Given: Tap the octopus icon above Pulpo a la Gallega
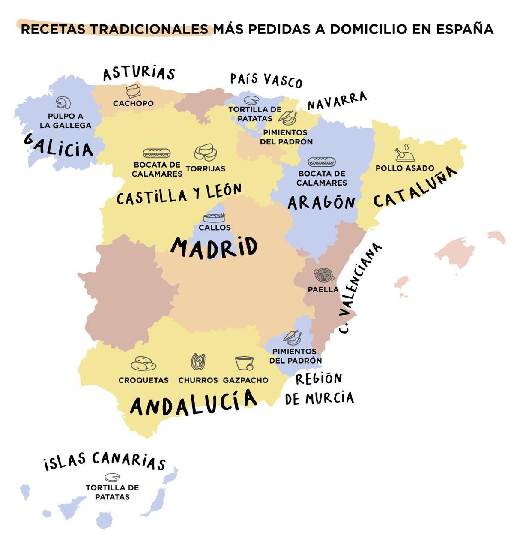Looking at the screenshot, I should [63, 102].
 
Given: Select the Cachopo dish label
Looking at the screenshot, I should [133, 103].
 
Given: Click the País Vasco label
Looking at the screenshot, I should [266, 80].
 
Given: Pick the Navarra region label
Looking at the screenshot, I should [337, 101].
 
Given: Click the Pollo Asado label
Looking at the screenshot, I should [405, 168].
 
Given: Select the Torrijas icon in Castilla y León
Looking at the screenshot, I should [205, 152].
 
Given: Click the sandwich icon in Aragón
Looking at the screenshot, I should [321, 162].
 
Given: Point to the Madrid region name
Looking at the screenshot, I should [214, 247].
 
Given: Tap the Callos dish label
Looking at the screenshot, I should [215, 228].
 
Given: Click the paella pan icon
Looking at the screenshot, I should [324, 274].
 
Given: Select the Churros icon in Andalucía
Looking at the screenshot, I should [198, 362].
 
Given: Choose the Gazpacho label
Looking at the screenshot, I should [245, 380].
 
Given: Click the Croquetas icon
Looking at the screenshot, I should [143, 364].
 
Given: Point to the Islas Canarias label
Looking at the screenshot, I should [105, 461].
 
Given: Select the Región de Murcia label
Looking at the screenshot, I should [319, 389].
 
